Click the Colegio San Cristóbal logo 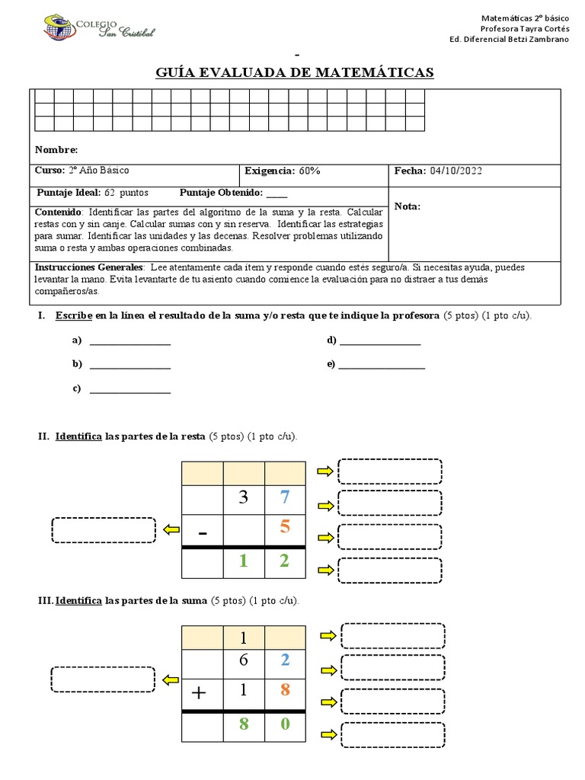pyautogui.click(x=99, y=29)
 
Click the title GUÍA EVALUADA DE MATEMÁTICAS pyautogui.click(x=295, y=72)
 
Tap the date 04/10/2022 pyautogui.click(x=456, y=171)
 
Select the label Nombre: pyautogui.click(x=56, y=150)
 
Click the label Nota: pyautogui.click(x=408, y=206)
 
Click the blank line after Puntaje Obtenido pyautogui.click(x=277, y=193)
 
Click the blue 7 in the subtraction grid pyautogui.click(x=285, y=498)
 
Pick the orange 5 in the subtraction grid pyautogui.click(x=285, y=528)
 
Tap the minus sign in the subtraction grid pyautogui.click(x=202, y=532)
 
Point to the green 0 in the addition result pyautogui.click(x=285, y=724)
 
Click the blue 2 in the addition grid pyautogui.click(x=285, y=660)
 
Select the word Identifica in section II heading pyautogui.click(x=78, y=436)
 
